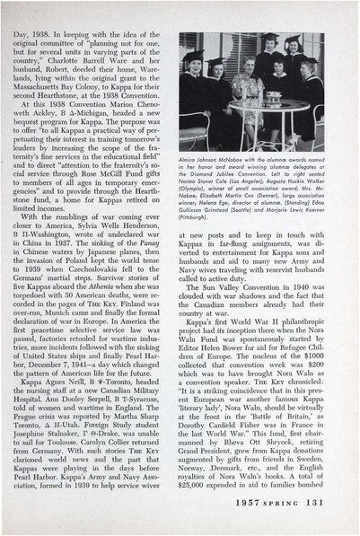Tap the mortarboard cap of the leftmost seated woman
(x=192, y=55)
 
